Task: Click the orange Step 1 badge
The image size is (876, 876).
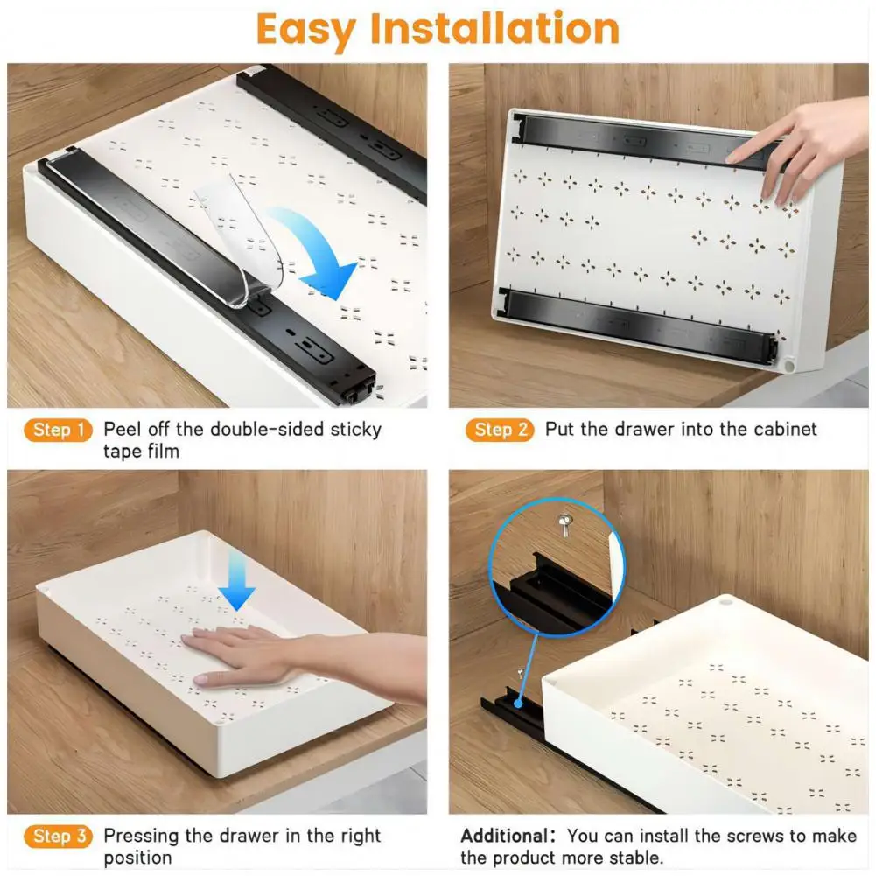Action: [x=60, y=430]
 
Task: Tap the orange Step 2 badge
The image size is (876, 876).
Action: [x=501, y=430]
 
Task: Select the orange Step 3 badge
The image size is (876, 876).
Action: [x=60, y=836]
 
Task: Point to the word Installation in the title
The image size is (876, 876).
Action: [x=494, y=29]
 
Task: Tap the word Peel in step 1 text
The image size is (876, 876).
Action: [x=123, y=430]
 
